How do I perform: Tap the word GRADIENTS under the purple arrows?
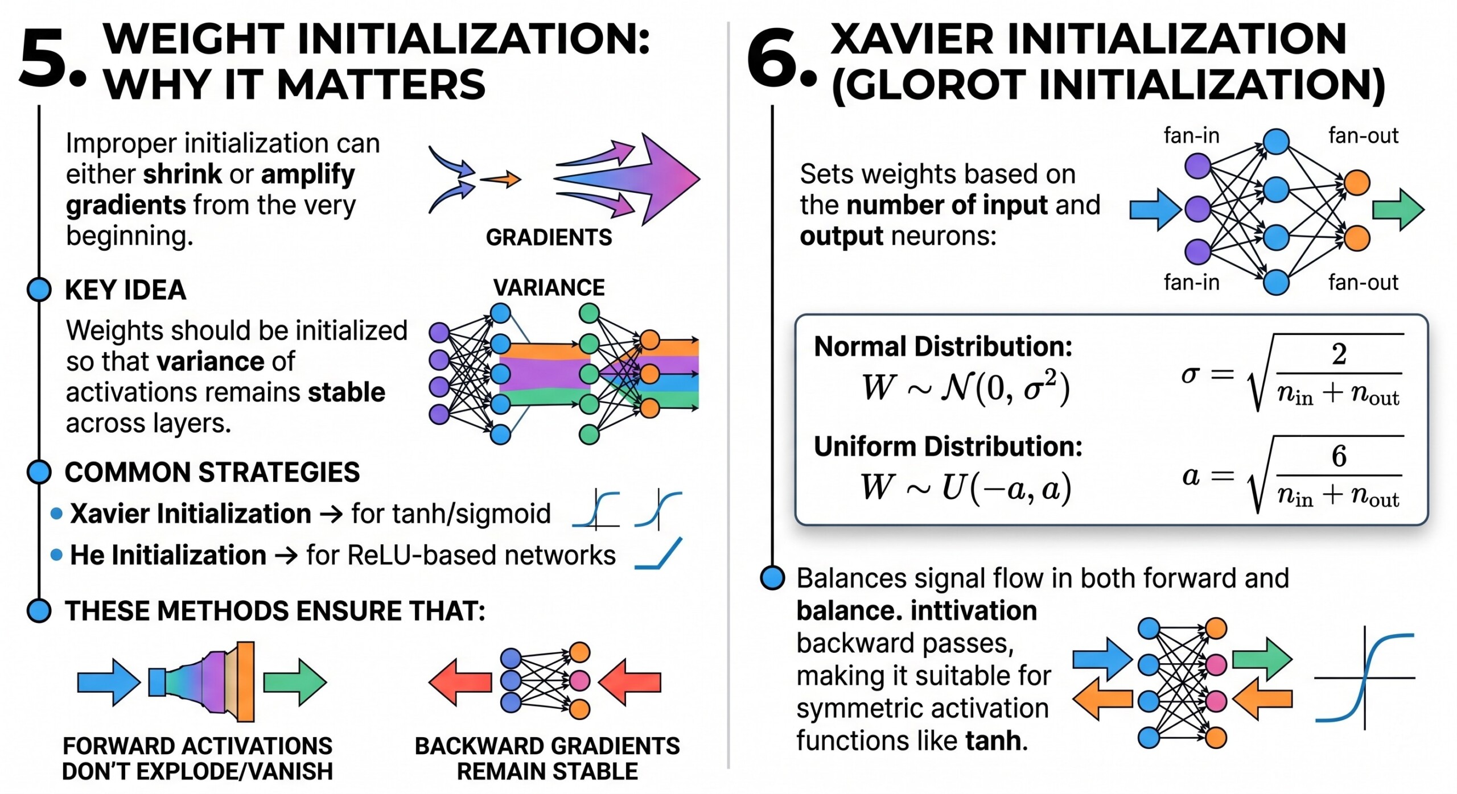(x=549, y=237)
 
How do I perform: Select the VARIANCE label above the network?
(x=549, y=287)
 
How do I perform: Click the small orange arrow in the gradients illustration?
(x=501, y=179)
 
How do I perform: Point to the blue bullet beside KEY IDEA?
(x=39, y=290)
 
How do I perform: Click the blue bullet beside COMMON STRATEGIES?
(x=39, y=472)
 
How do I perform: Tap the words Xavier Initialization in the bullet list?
(x=191, y=514)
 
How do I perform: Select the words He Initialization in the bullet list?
(x=168, y=555)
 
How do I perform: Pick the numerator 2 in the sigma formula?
(x=1339, y=354)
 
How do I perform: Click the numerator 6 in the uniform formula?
(x=1339, y=456)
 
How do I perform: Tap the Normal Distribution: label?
(x=943, y=346)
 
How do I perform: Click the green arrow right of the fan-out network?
(x=1398, y=209)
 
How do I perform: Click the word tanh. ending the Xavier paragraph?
(x=997, y=741)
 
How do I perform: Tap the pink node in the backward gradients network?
(x=579, y=680)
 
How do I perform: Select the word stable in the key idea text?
(x=347, y=392)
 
